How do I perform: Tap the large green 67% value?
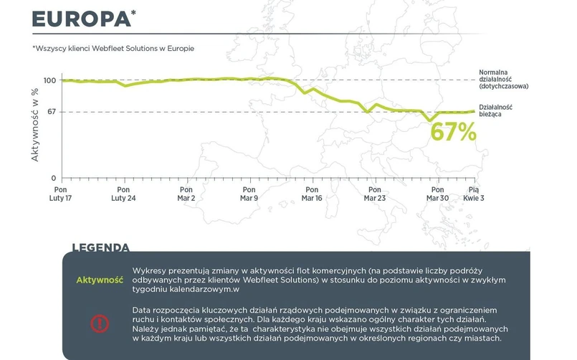pos(453,132)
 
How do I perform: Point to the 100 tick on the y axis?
pos(49,80)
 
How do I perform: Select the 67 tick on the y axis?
pos(52,112)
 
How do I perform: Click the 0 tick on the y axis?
pos(54,177)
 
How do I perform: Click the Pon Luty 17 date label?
pos(60,193)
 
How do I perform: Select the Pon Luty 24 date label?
pos(123,193)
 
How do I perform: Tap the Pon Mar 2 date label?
pos(185,193)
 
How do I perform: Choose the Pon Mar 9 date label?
pos(248,193)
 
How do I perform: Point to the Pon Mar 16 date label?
pos(311,193)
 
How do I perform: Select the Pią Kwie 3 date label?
pos(473,193)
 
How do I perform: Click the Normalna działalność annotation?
pos(504,80)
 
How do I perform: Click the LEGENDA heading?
pos(100,248)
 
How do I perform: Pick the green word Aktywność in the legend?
pos(100,280)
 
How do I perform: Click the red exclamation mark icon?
pos(99,323)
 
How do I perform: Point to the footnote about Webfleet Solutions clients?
pos(113,48)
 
